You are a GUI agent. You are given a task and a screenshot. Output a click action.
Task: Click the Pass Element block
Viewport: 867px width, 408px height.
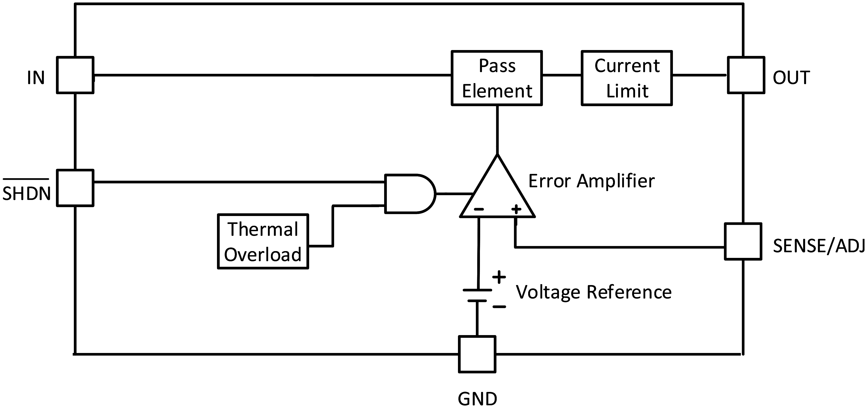click(496, 78)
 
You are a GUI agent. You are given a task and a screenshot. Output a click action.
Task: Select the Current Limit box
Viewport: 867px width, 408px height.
click(627, 78)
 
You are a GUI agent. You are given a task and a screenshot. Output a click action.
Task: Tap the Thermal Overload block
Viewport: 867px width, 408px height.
click(263, 242)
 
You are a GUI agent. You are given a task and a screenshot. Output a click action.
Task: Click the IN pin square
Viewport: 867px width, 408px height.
click(75, 75)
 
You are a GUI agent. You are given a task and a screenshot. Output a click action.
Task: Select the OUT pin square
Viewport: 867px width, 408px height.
click(746, 75)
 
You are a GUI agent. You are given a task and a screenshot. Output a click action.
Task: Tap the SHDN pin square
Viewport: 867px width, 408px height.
click(75, 188)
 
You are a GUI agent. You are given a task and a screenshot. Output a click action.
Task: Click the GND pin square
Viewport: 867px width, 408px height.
click(477, 354)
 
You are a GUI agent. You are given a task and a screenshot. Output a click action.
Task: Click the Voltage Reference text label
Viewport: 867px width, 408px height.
click(594, 292)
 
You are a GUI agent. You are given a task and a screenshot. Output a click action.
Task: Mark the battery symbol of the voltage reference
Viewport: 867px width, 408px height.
click(477, 295)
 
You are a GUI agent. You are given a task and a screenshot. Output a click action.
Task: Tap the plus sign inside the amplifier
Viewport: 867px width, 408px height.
click(516, 209)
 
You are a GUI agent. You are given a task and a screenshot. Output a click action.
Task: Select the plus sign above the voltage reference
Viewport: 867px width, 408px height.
click(499, 278)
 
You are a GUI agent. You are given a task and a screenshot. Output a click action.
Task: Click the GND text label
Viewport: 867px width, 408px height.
click(477, 399)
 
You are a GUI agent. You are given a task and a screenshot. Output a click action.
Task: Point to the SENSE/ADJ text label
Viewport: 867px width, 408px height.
click(819, 246)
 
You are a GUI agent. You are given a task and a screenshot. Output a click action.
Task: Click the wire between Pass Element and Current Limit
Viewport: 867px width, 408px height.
click(562, 75)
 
